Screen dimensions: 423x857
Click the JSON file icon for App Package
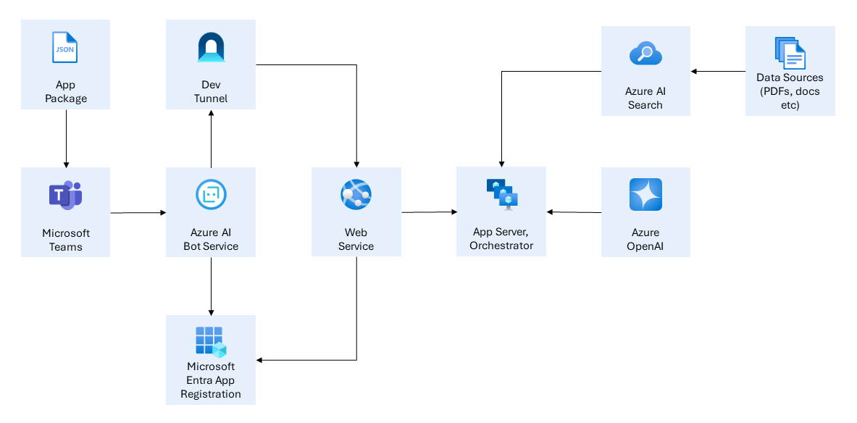click(65, 47)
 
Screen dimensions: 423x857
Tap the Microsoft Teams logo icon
click(65, 196)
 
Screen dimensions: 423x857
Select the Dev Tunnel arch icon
click(211, 48)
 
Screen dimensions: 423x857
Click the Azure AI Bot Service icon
click(211, 194)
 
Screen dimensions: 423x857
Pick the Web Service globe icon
click(356, 193)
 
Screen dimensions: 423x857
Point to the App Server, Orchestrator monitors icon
click(502, 193)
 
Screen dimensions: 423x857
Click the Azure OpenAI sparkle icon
click(645, 194)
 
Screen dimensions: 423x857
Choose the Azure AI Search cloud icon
click(645, 54)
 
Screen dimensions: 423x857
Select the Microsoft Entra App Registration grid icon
click(211, 341)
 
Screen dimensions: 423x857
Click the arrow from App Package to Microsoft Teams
click(66, 138)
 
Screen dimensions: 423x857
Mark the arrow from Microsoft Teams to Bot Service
click(138, 213)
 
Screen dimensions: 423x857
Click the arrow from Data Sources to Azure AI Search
click(717, 71)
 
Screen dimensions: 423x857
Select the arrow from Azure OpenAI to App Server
click(574, 212)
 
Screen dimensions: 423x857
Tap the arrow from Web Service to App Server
click(429, 212)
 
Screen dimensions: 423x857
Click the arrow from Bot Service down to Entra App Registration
click(211, 285)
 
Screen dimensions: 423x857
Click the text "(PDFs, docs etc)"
click(790, 99)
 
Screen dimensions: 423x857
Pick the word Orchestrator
click(501, 246)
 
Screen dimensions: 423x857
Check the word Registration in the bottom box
click(211, 394)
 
